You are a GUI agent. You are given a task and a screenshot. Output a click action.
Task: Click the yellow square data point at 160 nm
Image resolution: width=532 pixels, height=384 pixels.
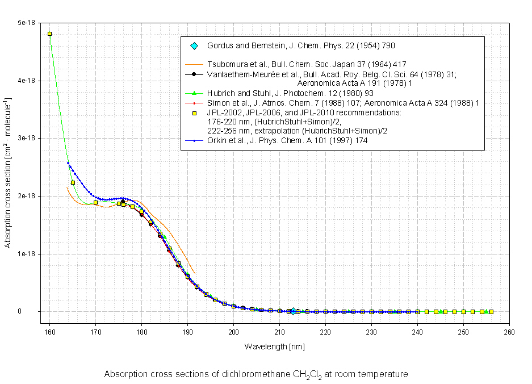50,34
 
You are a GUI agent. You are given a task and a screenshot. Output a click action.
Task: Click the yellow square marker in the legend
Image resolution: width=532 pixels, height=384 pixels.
194,112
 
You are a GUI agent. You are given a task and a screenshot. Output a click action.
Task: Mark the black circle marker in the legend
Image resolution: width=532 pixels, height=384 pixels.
194,74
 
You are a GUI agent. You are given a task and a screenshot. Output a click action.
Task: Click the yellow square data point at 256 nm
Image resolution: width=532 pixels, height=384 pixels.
491,312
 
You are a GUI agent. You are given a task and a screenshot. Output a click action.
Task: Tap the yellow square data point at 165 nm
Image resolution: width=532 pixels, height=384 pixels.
73,182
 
